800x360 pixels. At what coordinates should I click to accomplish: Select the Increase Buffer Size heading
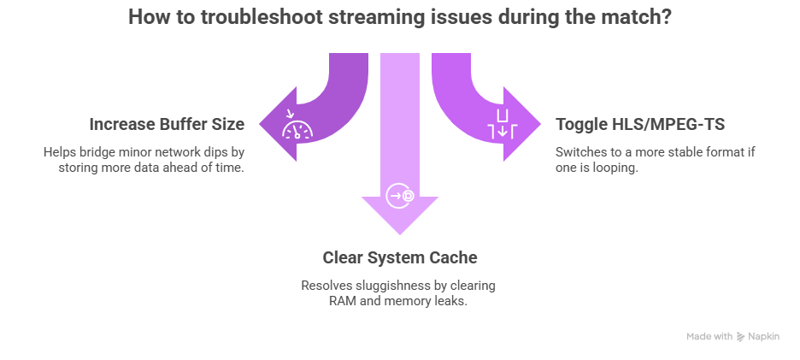click(x=167, y=124)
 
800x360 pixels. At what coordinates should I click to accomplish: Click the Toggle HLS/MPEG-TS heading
click(x=640, y=124)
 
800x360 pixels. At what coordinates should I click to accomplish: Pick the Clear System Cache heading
click(x=399, y=257)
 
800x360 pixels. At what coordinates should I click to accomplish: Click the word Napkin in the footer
click(x=764, y=337)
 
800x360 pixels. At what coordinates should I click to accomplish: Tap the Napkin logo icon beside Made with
click(x=740, y=337)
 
